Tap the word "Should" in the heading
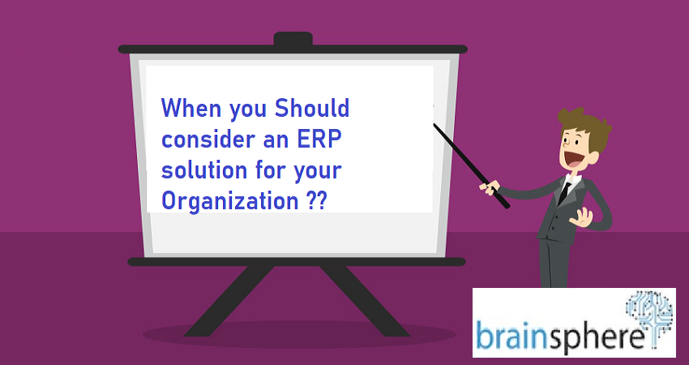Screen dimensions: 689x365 click(312, 108)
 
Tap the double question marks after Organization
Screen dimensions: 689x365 click(315, 201)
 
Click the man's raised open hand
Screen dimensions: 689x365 click(581, 217)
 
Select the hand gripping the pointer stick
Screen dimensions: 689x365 click(490, 188)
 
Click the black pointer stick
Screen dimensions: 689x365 click(471, 165)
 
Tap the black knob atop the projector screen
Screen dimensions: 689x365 click(293, 38)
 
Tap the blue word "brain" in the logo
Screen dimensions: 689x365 click(511, 336)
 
